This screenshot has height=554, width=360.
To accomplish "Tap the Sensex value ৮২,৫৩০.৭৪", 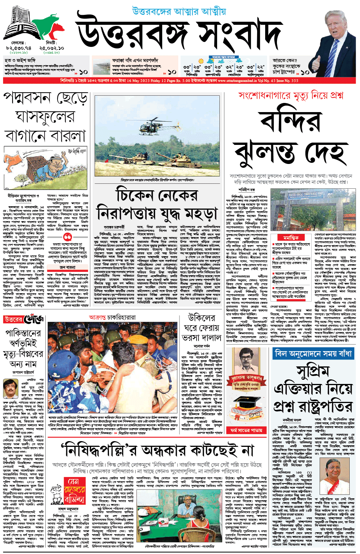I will [19, 48].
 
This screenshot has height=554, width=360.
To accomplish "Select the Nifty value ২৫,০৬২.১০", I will [51, 48].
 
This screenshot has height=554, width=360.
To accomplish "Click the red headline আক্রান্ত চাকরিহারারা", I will [112, 317].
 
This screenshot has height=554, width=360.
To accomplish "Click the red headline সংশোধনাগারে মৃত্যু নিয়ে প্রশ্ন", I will [291, 96].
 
